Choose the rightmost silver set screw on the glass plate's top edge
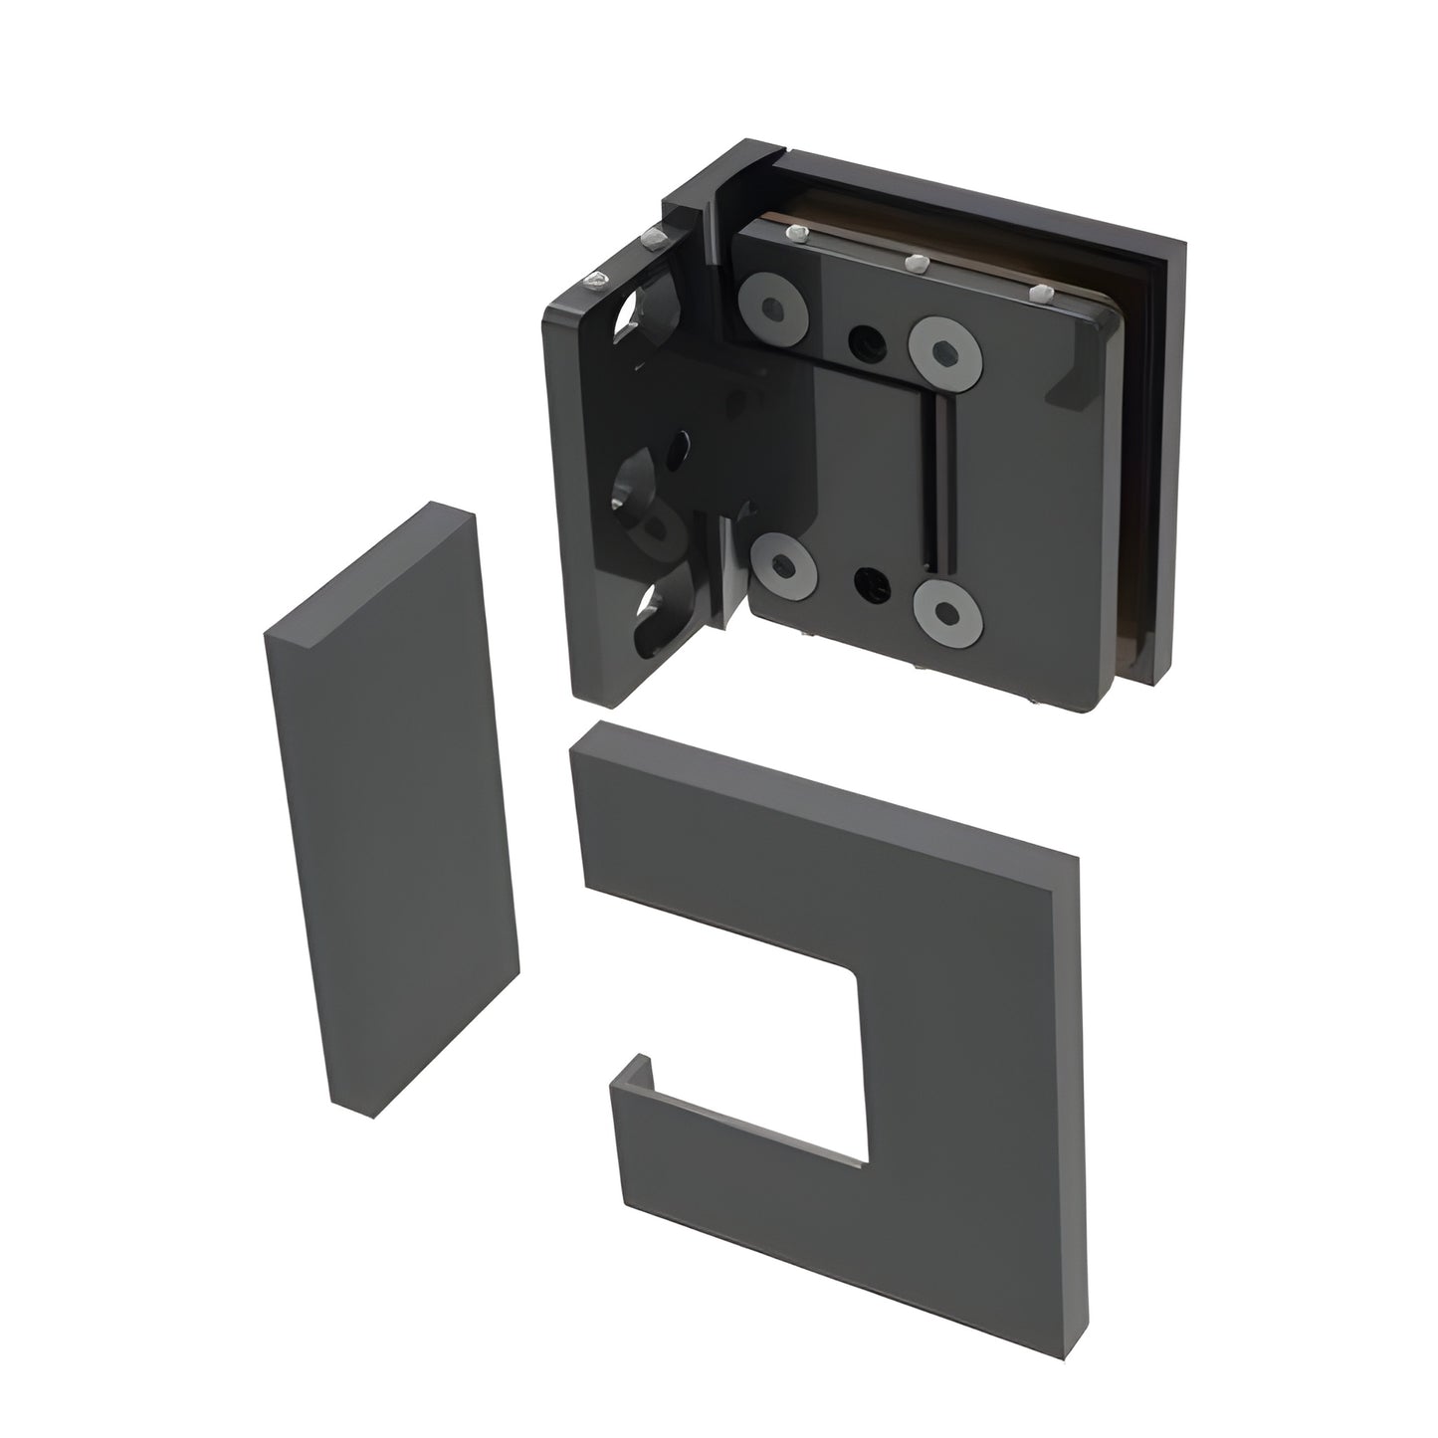tap(1040, 294)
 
